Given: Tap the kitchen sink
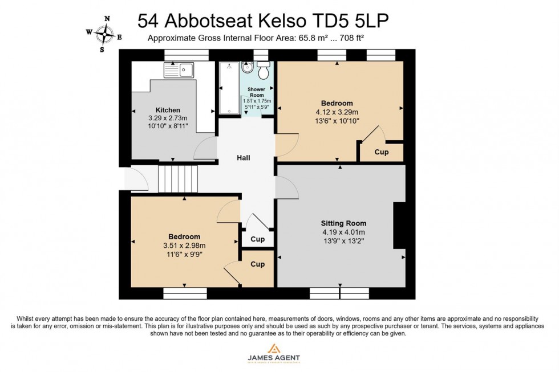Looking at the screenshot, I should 179,70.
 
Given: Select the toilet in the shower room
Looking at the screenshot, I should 263,72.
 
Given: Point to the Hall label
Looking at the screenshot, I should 244,158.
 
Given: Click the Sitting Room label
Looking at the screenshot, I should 343,223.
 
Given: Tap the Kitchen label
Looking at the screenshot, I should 168,110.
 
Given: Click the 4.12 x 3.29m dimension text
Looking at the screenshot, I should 337,112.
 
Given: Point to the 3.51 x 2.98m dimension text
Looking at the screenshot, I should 184,246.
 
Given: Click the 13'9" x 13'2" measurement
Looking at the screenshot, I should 343,241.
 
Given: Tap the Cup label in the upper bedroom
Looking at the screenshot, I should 382,152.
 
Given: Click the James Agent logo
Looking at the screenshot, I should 273,353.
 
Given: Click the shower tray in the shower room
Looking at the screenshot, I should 229,88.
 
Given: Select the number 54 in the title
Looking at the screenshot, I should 149,21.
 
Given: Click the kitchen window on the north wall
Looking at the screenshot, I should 180,54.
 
